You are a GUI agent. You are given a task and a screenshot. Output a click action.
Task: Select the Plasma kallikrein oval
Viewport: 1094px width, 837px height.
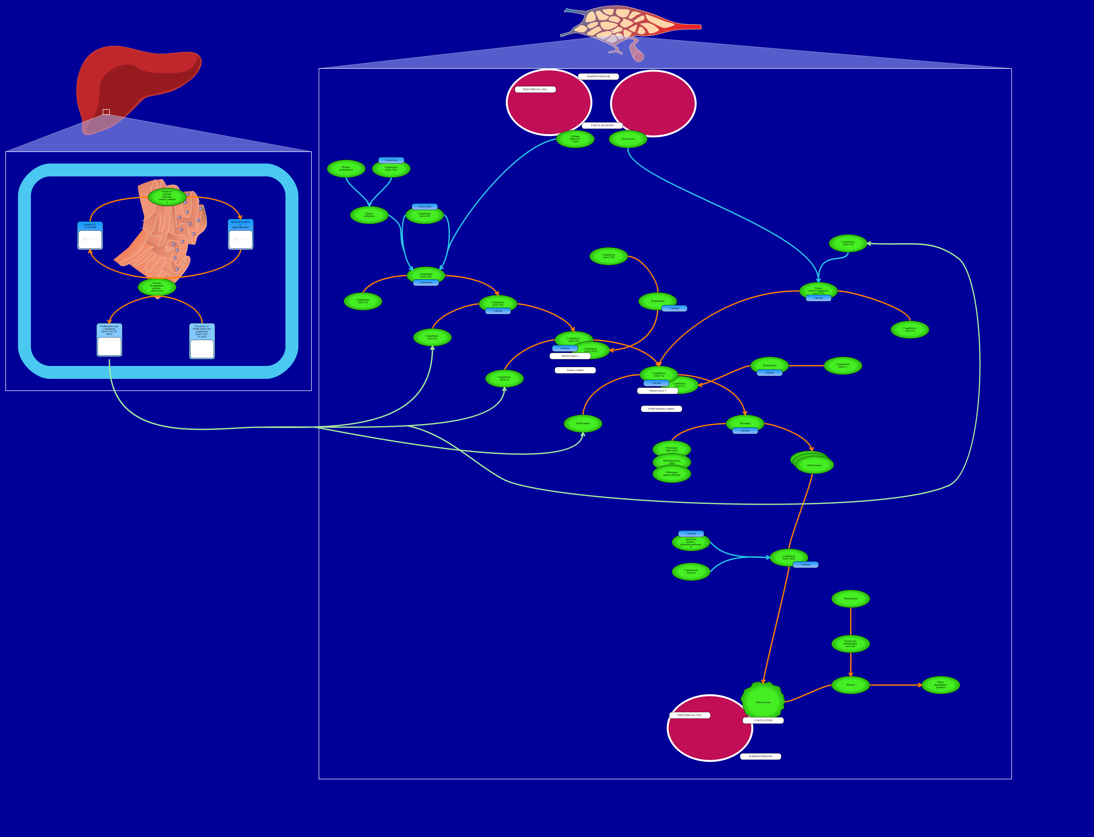coord(369,215)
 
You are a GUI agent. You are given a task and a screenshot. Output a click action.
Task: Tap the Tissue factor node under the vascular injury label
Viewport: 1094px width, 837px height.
coord(628,139)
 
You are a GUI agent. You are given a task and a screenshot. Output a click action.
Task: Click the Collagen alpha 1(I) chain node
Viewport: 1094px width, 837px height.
coord(575,139)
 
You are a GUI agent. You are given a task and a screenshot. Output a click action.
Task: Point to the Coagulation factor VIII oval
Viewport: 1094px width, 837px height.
coord(609,256)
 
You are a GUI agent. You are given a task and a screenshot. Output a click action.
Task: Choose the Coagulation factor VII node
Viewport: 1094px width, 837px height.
coord(848,243)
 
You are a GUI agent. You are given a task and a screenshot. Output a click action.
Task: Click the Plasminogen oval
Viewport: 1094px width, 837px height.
coord(850,598)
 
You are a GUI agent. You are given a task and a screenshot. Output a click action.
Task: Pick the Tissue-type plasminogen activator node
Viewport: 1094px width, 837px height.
coord(850,644)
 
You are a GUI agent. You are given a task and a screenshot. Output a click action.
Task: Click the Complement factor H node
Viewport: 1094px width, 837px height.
coord(691,571)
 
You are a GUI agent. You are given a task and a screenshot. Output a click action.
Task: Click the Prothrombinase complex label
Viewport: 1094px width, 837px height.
coord(661,409)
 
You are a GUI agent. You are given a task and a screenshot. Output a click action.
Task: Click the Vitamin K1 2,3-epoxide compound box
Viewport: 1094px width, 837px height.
coord(90,236)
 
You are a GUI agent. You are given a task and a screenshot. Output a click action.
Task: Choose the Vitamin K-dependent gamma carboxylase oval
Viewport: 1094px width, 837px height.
coord(157,287)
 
